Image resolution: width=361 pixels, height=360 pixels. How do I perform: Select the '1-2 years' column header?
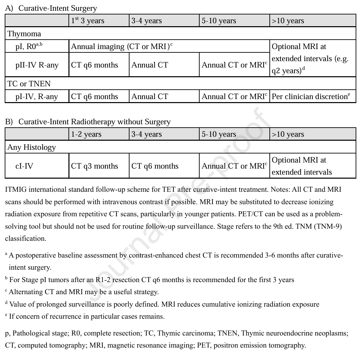point(86,134)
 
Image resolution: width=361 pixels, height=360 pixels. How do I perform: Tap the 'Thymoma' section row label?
point(24,34)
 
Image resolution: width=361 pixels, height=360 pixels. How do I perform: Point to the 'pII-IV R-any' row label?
point(37,65)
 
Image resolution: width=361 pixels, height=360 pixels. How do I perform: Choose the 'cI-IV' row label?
point(24,166)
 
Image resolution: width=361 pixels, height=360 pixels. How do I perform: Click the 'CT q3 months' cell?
point(95,166)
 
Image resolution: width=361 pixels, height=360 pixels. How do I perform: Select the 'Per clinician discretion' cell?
point(311,97)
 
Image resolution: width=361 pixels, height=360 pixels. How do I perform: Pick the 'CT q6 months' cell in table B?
point(155,166)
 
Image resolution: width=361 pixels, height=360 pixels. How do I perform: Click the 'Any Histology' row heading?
point(32,147)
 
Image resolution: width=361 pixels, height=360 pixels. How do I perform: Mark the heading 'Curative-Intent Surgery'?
point(57,8)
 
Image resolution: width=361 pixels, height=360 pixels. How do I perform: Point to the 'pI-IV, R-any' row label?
point(37,97)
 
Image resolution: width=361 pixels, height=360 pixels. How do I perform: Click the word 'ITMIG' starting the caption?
point(16,189)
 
